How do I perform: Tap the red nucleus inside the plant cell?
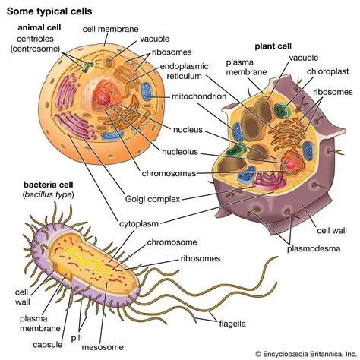coord(291,162)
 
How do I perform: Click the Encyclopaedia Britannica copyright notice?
coord(304,353)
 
